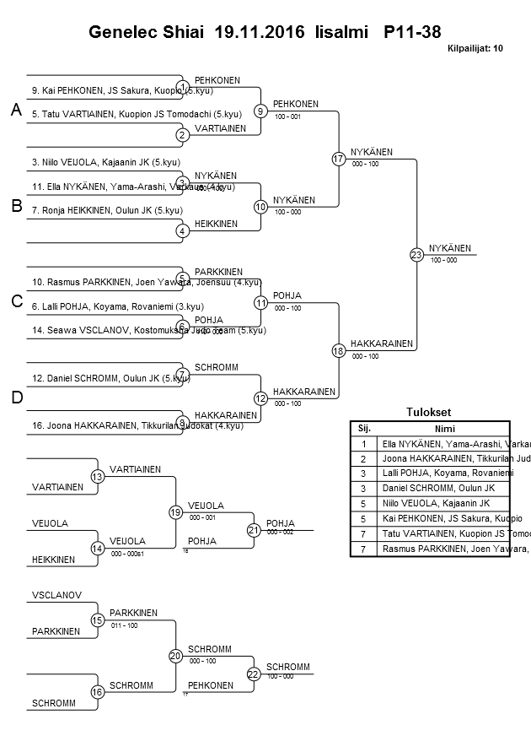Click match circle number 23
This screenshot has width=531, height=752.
point(416,254)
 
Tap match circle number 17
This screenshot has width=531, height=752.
point(339,159)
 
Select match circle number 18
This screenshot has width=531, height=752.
point(339,350)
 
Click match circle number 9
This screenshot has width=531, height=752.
point(261,111)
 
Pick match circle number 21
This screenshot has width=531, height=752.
point(254,530)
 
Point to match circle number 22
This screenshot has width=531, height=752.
point(254,674)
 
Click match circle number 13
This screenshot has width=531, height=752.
point(98,477)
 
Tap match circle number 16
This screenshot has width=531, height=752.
point(98,692)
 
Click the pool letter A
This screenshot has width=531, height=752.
point(15,111)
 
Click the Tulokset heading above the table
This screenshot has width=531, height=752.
point(429,413)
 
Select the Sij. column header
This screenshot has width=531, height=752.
point(364,429)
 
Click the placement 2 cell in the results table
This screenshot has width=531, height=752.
point(364,458)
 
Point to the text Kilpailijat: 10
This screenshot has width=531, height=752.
point(475,49)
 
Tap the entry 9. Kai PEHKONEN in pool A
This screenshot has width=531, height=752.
point(67,90)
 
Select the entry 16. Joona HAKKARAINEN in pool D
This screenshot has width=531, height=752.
point(84,425)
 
